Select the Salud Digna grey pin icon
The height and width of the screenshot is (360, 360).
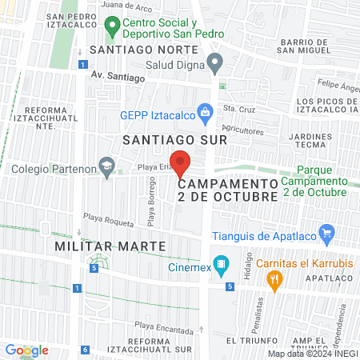(x=214, y=62)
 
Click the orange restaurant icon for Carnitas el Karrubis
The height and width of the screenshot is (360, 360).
(x=275, y=279)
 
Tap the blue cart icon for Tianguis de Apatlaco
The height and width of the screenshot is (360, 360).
(x=326, y=234)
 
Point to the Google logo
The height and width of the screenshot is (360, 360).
(x=27, y=350)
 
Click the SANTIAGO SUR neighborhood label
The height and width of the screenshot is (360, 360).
(x=174, y=139)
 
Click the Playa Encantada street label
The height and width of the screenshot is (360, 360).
(x=163, y=326)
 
